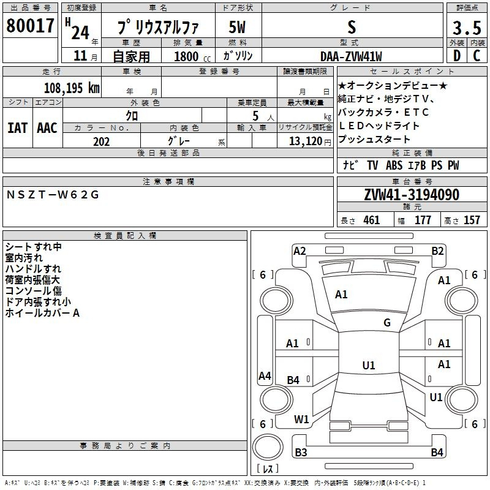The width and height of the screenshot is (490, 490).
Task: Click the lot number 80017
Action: point(30,26)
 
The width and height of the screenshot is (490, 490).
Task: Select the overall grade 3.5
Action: point(467,28)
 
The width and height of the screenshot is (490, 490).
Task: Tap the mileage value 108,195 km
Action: point(72,88)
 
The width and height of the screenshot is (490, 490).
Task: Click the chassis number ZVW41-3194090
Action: point(412,195)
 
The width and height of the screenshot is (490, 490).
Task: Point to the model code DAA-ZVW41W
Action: point(351,56)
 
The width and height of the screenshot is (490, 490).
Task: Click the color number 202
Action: point(101,141)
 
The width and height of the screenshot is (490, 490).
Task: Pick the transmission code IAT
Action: point(17,128)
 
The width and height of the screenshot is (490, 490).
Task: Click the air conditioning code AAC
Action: point(47,128)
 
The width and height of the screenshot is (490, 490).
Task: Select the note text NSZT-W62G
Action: point(53,195)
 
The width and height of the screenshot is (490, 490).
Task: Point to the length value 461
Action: point(372,220)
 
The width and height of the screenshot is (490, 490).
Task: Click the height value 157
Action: point(472,220)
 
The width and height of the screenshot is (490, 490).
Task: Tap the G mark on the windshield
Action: point(387,323)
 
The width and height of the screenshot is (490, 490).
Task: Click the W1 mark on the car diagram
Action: point(301,420)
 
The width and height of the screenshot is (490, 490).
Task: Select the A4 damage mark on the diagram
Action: point(265,375)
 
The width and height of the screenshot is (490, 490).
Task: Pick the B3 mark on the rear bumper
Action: point(301,452)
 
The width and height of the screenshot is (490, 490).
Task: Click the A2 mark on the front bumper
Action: point(300,251)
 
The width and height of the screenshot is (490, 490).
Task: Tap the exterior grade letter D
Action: point(457,56)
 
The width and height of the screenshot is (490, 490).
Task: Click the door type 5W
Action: point(237,27)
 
